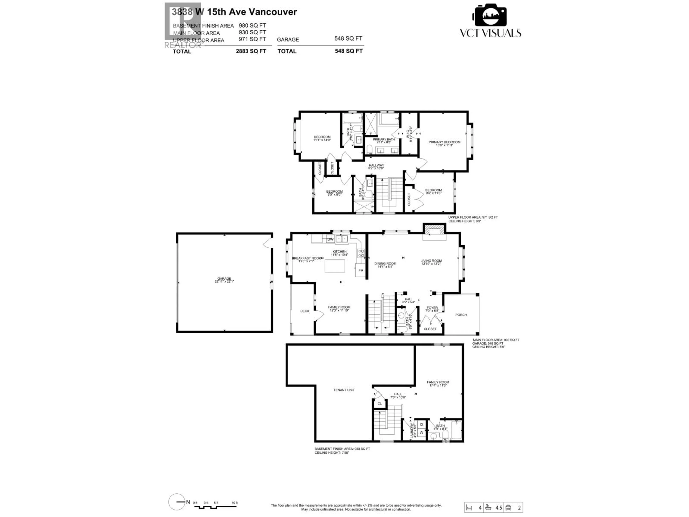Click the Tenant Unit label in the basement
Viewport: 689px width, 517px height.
(x=344, y=390)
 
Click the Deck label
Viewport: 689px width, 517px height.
(x=305, y=311)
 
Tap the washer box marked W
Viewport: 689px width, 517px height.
(x=421, y=433)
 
